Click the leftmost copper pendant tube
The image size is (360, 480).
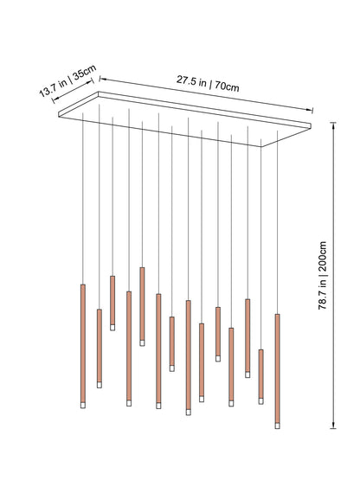[x=83, y=342]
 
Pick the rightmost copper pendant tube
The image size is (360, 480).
[x=278, y=367]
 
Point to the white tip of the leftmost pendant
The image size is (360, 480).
[x=83, y=405]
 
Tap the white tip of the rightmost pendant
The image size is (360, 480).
[x=278, y=424]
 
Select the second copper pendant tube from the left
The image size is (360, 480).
[x=99, y=345]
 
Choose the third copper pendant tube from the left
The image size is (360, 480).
[x=112, y=299]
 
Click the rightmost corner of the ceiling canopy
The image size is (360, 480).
[x=312, y=124]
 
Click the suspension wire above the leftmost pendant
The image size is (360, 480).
[x=83, y=199]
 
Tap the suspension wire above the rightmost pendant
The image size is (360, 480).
[x=278, y=225]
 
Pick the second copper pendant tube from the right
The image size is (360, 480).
[x=260, y=373]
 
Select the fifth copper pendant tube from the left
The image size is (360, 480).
[x=142, y=304]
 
